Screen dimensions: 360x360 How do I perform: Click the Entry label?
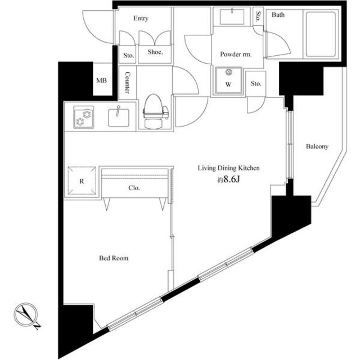[141, 19]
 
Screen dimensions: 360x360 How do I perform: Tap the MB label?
[101, 80]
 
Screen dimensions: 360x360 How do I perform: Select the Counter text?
[128, 83]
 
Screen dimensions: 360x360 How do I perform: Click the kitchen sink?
[119, 116]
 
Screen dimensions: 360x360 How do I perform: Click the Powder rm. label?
[235, 55]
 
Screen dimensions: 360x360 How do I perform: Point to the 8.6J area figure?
[229, 181]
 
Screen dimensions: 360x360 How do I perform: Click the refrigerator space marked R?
[82, 181]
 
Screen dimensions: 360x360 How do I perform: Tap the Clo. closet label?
[134, 188]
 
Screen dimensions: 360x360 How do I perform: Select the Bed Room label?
[114, 259]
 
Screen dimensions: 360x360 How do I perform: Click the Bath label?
[278, 15]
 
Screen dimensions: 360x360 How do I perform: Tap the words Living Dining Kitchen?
[227, 168]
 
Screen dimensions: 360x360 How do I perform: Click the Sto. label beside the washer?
[256, 84]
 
